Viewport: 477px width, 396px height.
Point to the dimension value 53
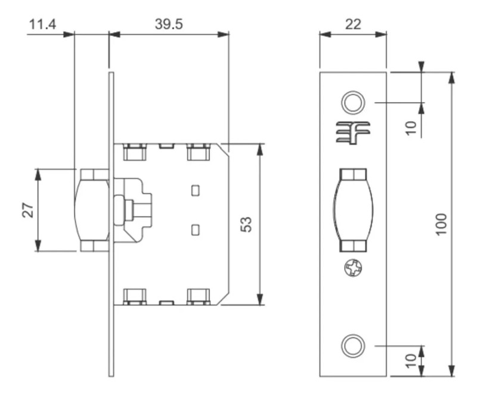point(246,224)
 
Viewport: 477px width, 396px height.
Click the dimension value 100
point(441,223)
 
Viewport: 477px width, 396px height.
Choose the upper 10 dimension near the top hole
point(411,128)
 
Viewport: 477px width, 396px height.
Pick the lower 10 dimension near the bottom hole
point(411,360)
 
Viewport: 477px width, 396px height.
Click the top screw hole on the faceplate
point(352,102)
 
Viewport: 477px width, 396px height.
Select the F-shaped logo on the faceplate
point(352,132)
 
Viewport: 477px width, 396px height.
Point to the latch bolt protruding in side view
point(91,210)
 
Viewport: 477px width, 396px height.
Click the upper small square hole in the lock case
point(194,190)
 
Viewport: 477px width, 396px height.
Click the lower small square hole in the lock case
point(194,229)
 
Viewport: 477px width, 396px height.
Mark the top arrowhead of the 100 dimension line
point(452,76)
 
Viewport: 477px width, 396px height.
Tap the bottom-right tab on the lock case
point(199,296)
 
